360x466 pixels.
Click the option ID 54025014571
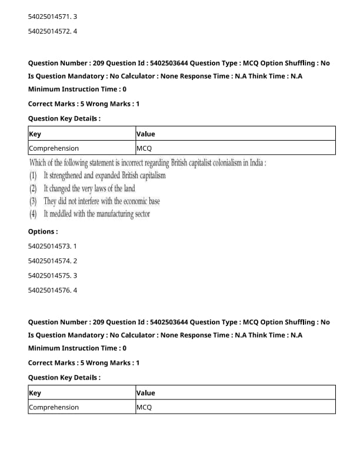(x=49, y=16)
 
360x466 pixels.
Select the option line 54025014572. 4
(x=52, y=31)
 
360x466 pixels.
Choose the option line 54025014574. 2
(x=52, y=260)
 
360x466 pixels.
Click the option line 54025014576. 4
(x=52, y=290)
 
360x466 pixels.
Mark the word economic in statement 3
(x=132, y=201)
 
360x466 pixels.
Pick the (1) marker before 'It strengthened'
(x=33, y=175)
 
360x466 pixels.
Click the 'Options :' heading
(x=43, y=231)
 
